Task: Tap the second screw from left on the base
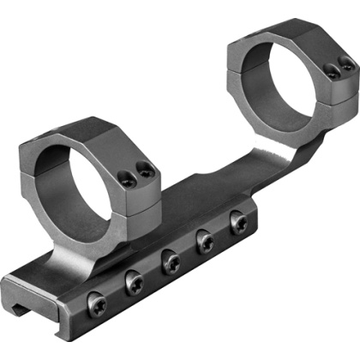pyautogui.click(x=133, y=281)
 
